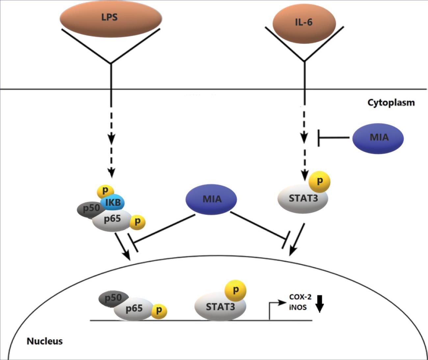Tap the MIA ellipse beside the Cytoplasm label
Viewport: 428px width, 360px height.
point(378,138)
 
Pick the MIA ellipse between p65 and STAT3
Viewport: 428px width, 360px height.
point(211,199)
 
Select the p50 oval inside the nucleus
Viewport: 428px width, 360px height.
point(111,298)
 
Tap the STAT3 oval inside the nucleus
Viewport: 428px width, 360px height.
point(220,307)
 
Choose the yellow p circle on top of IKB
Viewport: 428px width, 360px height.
point(105,191)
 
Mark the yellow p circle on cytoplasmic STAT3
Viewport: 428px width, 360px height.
point(319,181)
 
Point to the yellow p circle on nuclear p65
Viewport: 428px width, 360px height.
point(159,310)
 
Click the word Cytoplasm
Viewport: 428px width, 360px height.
point(391,103)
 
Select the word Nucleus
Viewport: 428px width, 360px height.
point(44,341)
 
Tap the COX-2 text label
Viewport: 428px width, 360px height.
point(300,297)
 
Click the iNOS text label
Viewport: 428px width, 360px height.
point(298,307)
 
